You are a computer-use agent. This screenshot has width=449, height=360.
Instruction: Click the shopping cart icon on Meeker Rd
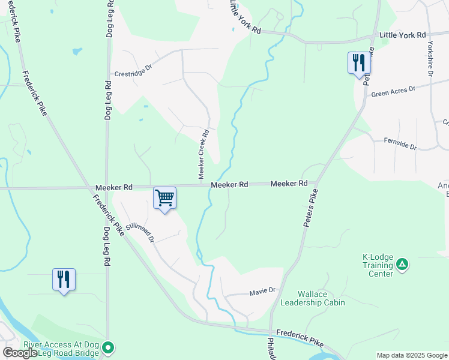(x=164, y=198)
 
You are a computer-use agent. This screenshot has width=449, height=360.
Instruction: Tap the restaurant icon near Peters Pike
(x=359, y=62)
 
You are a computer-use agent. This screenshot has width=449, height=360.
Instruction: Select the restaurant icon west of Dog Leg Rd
(x=64, y=280)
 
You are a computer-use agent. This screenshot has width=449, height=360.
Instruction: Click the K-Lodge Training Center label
(x=378, y=265)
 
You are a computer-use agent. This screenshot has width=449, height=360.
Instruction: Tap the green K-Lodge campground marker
(x=402, y=264)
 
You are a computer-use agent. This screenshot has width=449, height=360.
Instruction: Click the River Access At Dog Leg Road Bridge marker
(x=108, y=347)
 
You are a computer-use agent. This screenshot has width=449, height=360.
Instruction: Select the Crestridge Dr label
(x=133, y=70)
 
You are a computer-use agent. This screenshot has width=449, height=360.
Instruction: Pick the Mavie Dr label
(x=262, y=291)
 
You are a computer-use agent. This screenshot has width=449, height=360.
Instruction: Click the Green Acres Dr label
(x=393, y=91)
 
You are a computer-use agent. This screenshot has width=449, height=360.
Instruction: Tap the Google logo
(x=20, y=353)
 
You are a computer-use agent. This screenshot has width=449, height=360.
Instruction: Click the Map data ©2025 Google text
(x=412, y=355)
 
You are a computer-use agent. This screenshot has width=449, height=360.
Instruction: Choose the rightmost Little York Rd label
(x=403, y=35)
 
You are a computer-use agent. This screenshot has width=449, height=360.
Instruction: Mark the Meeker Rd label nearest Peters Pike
(x=289, y=184)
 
